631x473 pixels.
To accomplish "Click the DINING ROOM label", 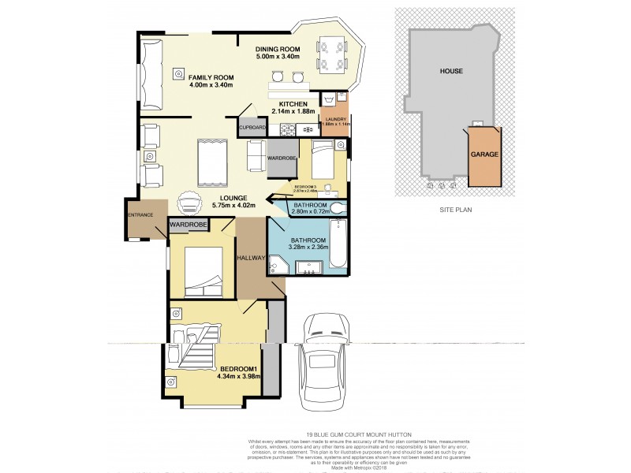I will click(x=279, y=49).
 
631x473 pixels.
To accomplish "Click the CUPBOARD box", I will click(x=252, y=127).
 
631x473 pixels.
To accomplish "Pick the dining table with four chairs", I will click(x=329, y=54).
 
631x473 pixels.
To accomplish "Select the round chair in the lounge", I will click(x=189, y=203).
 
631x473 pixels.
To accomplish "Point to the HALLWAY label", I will click(x=251, y=258).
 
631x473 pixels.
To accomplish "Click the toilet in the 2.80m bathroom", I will click(x=338, y=208).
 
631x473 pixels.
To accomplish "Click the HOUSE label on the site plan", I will click(x=451, y=71).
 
